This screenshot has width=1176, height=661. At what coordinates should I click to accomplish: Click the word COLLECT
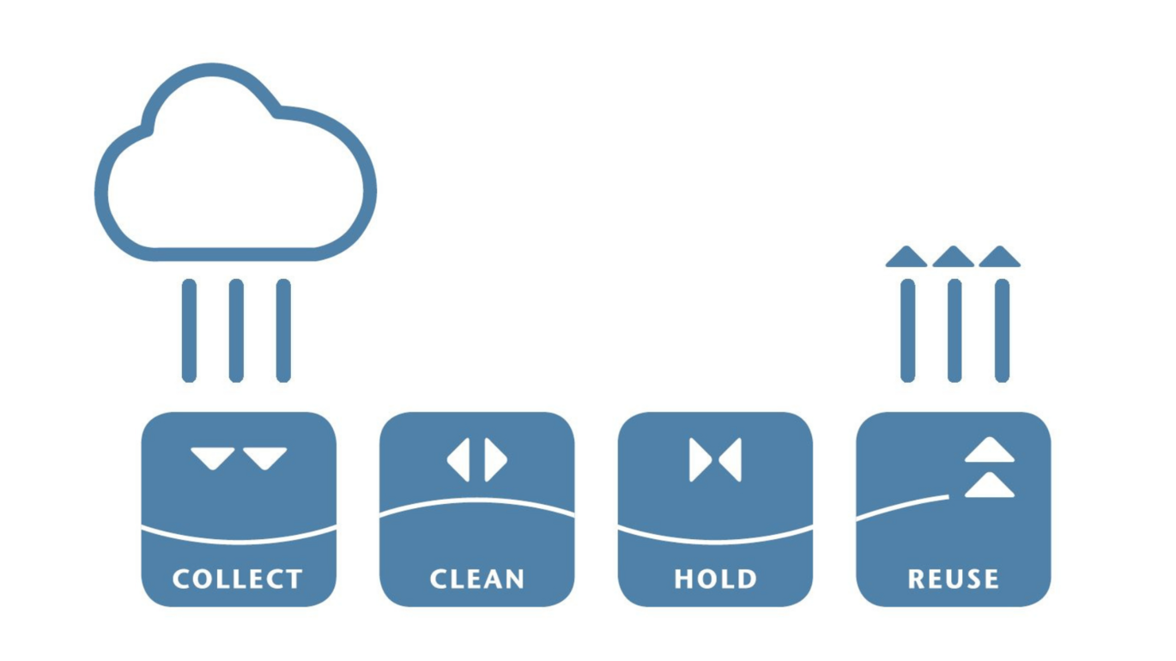[x=238, y=579]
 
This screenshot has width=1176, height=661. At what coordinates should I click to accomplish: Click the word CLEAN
[x=476, y=579]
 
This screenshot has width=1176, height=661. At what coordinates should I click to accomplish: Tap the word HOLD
[x=715, y=579]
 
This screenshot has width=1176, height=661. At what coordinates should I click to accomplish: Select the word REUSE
[x=953, y=579]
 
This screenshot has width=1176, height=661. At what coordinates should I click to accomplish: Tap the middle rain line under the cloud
[x=236, y=330]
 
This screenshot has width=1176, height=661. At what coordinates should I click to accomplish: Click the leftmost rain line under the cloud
[x=189, y=330]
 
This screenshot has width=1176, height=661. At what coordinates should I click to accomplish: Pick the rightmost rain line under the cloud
[x=283, y=330]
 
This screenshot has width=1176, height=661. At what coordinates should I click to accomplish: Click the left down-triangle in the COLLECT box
[x=212, y=457]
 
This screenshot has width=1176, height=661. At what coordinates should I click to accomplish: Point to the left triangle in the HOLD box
[x=698, y=460]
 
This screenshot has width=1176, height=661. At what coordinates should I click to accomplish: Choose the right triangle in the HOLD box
[x=732, y=460]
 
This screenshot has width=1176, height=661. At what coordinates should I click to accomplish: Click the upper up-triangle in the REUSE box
[x=990, y=452]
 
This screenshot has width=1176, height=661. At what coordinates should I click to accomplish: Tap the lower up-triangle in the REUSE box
[x=990, y=487]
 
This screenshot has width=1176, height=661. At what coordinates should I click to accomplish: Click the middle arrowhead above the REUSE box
[x=954, y=258]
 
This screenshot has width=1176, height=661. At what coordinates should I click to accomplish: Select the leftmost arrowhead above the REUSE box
[x=906, y=258]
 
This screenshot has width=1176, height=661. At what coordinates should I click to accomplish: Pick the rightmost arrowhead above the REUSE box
[x=1000, y=258]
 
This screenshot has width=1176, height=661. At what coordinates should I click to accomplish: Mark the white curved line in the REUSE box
[x=901, y=507]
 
